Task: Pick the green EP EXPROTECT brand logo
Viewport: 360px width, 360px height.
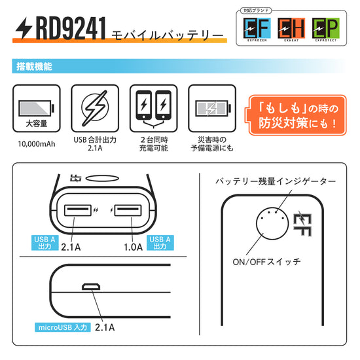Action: [324, 29]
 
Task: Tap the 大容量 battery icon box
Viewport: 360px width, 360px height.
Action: [36, 109]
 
